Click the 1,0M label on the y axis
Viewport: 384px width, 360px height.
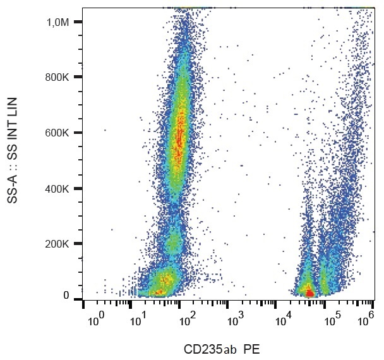click(58, 22)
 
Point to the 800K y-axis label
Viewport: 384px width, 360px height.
click(57, 78)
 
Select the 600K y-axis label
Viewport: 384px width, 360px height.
click(57, 133)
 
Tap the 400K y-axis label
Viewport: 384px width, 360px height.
click(57, 188)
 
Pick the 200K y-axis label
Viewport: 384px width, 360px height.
click(57, 244)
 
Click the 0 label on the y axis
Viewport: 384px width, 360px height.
click(66, 296)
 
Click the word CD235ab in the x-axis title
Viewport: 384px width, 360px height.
click(205, 349)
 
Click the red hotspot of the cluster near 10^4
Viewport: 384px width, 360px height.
click(309, 292)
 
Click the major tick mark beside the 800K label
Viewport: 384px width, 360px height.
click(78, 77)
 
